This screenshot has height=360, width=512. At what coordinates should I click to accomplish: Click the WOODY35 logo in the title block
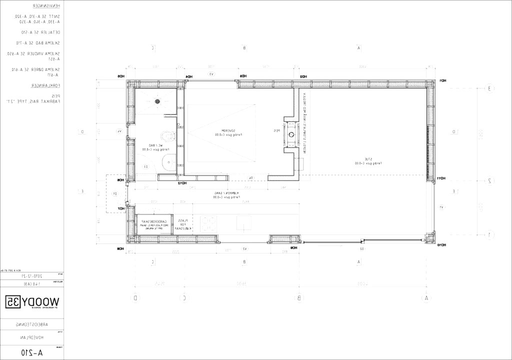click(32, 301)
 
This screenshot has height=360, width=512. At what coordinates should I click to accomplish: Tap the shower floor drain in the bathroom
click(157, 101)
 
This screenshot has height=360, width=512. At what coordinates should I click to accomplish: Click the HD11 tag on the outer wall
click(441, 178)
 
